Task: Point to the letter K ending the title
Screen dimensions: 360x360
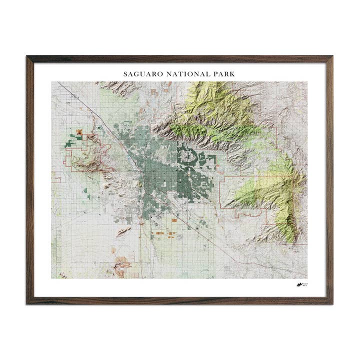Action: pos(232,74)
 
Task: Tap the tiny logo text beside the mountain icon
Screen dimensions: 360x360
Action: pos(305,284)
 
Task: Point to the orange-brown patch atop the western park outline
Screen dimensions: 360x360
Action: pos(79,132)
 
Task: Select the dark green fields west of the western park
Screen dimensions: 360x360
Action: pos(70,144)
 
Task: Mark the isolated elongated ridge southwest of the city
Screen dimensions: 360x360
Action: pos(123,230)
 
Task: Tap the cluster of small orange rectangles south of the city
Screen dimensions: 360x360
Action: pos(162,233)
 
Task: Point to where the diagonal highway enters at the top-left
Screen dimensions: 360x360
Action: pos(58,83)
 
